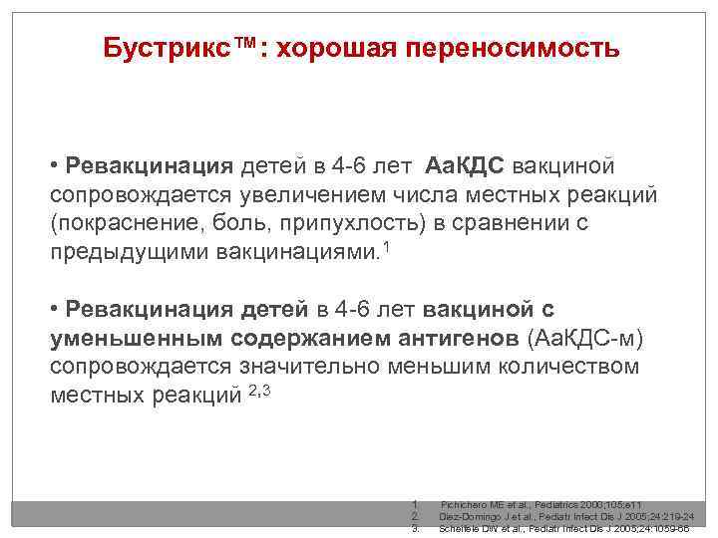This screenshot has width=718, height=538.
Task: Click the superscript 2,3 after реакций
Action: click(258, 390)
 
